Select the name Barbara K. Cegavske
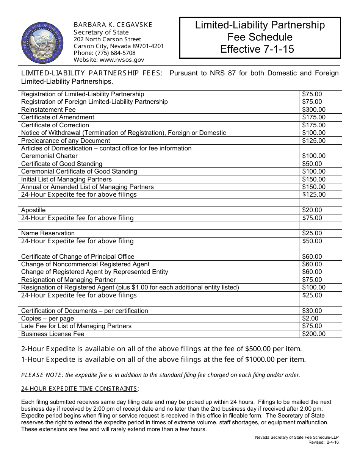[113, 25]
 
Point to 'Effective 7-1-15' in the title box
[257, 49]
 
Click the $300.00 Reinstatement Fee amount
[313, 109]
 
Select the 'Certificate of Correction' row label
[55, 125]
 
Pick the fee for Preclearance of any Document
[313, 141]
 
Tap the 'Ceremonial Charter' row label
[49, 156]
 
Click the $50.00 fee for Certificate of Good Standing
[312, 164]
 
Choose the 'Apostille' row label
[33, 210]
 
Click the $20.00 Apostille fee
[312, 210]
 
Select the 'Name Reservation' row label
[48, 233]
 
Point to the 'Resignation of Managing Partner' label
[68, 280]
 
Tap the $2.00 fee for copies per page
[310, 318]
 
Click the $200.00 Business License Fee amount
[313, 334]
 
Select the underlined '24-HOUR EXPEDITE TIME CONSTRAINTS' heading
[79, 388]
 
